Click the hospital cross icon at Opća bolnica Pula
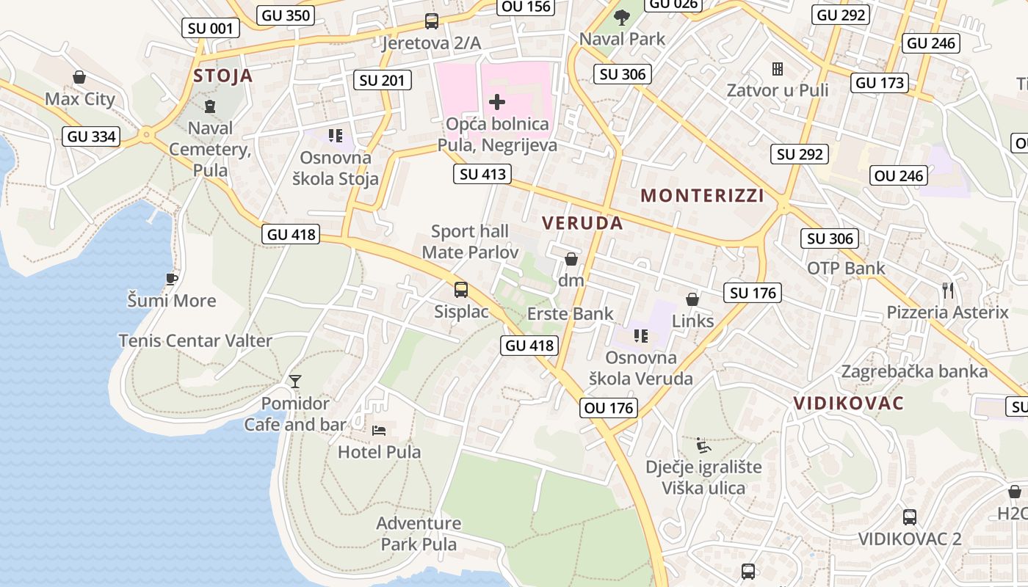click(497, 102)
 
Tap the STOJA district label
click(222, 76)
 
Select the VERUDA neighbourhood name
click(582, 223)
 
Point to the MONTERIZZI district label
click(703, 195)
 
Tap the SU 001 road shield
click(211, 29)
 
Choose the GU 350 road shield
click(286, 15)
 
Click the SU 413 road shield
click(482, 174)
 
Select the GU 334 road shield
click(91, 136)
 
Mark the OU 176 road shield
click(608, 408)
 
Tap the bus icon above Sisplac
click(461, 290)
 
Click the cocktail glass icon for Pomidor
click(295, 381)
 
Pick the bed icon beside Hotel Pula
click(379, 430)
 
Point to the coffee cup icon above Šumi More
click(171, 279)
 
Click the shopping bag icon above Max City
click(79, 77)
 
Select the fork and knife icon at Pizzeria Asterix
click(948, 291)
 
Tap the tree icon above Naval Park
click(622, 17)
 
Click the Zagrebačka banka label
click(914, 371)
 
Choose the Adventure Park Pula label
click(419, 533)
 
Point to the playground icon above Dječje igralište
click(703, 445)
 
